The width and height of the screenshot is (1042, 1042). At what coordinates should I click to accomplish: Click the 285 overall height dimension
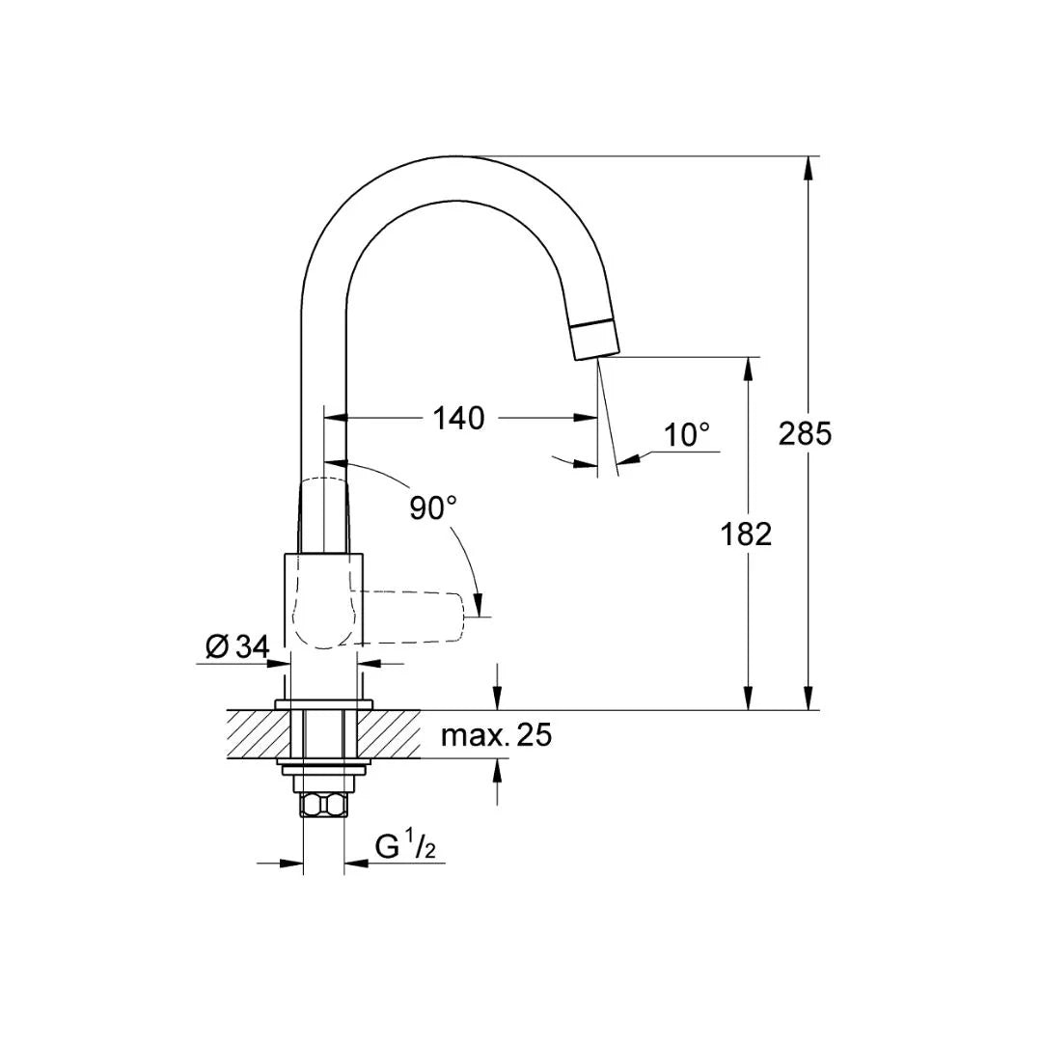point(805,434)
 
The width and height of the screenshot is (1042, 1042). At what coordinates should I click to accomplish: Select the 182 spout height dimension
point(746,534)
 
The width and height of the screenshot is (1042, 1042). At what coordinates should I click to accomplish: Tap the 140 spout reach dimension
point(458,419)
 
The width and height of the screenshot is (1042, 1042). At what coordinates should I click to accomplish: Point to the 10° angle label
point(686,435)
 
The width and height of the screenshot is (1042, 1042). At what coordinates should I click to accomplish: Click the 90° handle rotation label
point(432,507)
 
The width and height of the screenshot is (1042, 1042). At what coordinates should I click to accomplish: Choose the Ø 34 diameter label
point(236,647)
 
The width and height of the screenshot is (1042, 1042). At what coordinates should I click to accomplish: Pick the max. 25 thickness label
point(496,735)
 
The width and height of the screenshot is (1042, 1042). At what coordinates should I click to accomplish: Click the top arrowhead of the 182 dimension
point(747,368)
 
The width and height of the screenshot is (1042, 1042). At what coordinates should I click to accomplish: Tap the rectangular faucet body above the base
point(323,598)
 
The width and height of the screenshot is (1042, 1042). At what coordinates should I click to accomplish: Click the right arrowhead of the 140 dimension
point(587,418)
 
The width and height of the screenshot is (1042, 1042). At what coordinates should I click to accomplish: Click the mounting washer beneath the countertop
point(323,769)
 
